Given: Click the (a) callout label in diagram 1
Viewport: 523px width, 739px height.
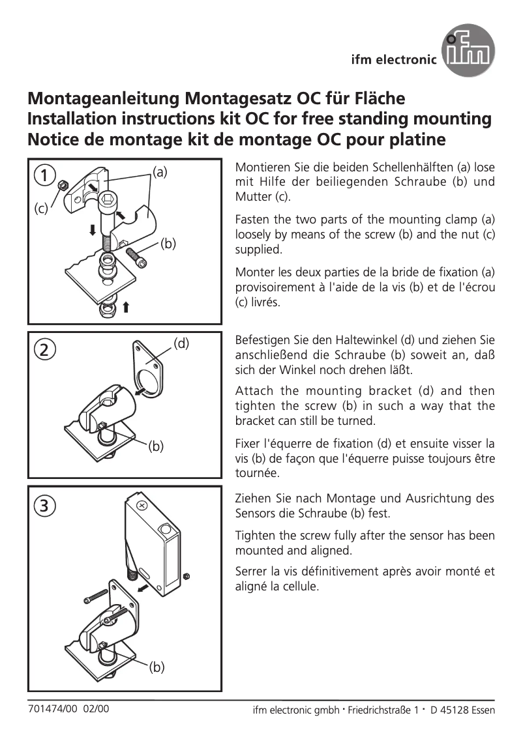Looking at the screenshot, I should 160,172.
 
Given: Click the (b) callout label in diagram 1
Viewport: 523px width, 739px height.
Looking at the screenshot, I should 168,244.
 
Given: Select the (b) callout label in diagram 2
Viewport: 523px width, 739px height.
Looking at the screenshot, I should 155,446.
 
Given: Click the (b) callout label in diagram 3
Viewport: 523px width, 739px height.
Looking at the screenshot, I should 156,667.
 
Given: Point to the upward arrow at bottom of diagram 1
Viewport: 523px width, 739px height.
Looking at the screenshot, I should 125,307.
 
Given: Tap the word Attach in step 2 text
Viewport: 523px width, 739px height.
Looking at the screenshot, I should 254,391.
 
